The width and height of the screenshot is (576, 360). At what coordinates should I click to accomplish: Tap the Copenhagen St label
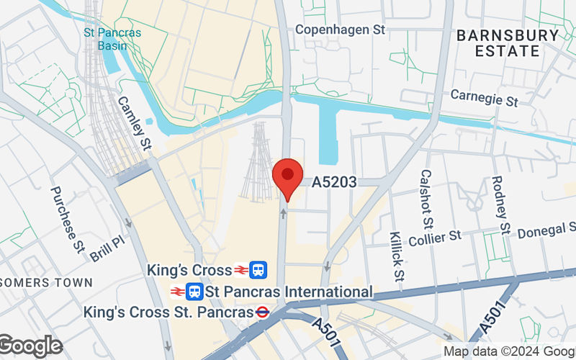(341, 30)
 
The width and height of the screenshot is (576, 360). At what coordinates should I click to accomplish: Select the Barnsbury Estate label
(508, 43)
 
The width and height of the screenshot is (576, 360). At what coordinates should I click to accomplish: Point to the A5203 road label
(334, 183)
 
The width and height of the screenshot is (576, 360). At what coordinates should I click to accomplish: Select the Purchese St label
(68, 219)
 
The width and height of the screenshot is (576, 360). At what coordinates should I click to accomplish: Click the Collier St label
(434, 236)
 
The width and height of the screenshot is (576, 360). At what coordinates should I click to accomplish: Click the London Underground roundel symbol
(264, 312)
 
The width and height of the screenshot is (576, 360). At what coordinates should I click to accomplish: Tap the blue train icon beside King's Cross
(259, 271)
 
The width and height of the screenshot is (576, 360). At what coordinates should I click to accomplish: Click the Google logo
(30, 346)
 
